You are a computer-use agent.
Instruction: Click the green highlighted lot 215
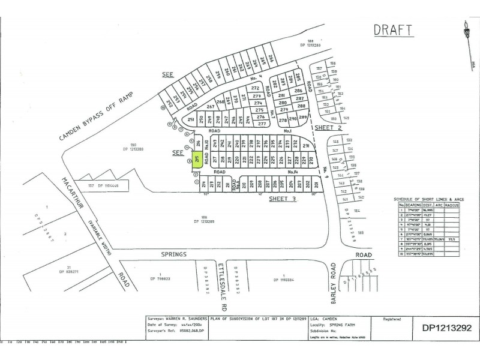196,160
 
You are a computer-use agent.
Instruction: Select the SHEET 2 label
329,128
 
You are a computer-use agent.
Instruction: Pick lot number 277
262,124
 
